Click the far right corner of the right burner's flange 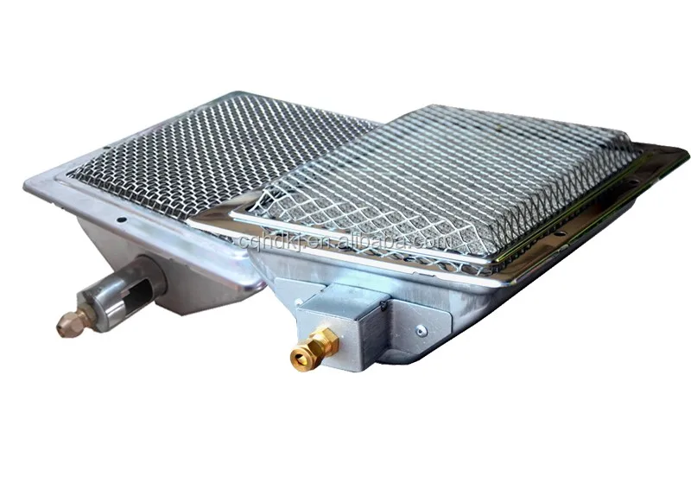tap(687, 156)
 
